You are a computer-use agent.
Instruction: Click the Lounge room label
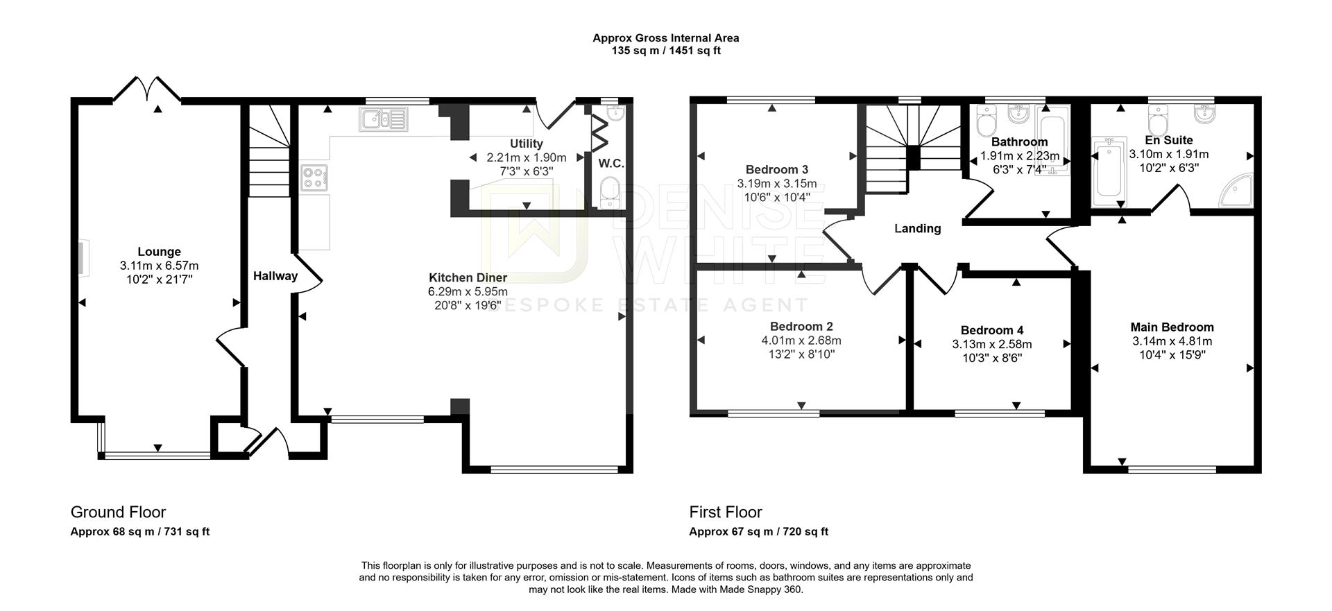[159, 252]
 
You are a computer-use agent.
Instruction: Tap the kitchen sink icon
[384, 119]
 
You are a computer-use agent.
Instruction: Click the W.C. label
[611, 164]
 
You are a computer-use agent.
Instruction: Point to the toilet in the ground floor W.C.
[610, 192]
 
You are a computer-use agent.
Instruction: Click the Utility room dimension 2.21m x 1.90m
[526, 157]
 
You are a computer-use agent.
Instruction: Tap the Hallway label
[275, 276]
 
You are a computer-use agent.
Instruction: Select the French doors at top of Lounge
[147, 89]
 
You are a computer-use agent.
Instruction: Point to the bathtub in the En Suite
[1107, 173]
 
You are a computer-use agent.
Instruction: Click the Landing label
[917, 228]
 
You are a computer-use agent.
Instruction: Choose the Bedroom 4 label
[991, 330]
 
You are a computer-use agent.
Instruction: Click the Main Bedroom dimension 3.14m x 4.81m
[1172, 341]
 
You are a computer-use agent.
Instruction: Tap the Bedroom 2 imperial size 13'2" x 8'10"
[801, 354]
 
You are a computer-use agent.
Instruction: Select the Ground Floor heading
[118, 512]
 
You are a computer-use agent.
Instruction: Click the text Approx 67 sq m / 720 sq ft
[758, 532]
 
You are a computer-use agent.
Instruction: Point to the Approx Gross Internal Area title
[665, 38]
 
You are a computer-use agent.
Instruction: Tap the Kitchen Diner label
[468, 277]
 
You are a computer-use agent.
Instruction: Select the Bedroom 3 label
[776, 169]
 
